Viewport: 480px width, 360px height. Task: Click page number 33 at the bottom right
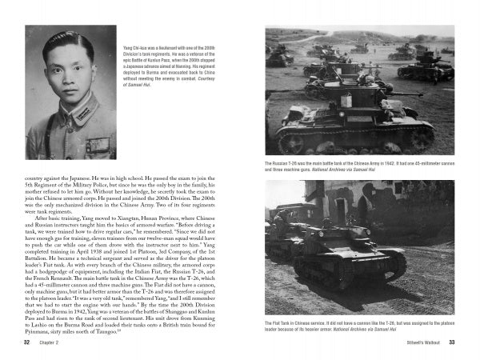[x=450, y=342]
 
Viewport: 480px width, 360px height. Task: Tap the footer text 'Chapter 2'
[x=49, y=342]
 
